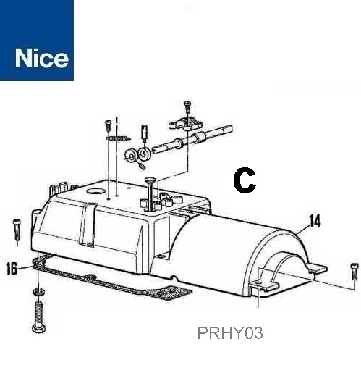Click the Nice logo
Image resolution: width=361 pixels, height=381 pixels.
tap(37, 41)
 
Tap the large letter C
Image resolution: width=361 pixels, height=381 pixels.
tap(245, 180)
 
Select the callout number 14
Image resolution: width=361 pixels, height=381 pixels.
tap(315, 221)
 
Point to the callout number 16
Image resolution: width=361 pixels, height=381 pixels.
tap(12, 269)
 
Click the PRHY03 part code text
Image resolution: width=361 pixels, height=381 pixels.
tap(230, 333)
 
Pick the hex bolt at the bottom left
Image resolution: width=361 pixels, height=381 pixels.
tap(39, 317)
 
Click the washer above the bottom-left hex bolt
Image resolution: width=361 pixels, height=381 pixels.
tap(38, 291)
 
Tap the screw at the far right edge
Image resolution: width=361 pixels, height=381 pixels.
tap(354, 272)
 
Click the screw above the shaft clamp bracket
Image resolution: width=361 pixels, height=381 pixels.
tap(187, 106)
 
